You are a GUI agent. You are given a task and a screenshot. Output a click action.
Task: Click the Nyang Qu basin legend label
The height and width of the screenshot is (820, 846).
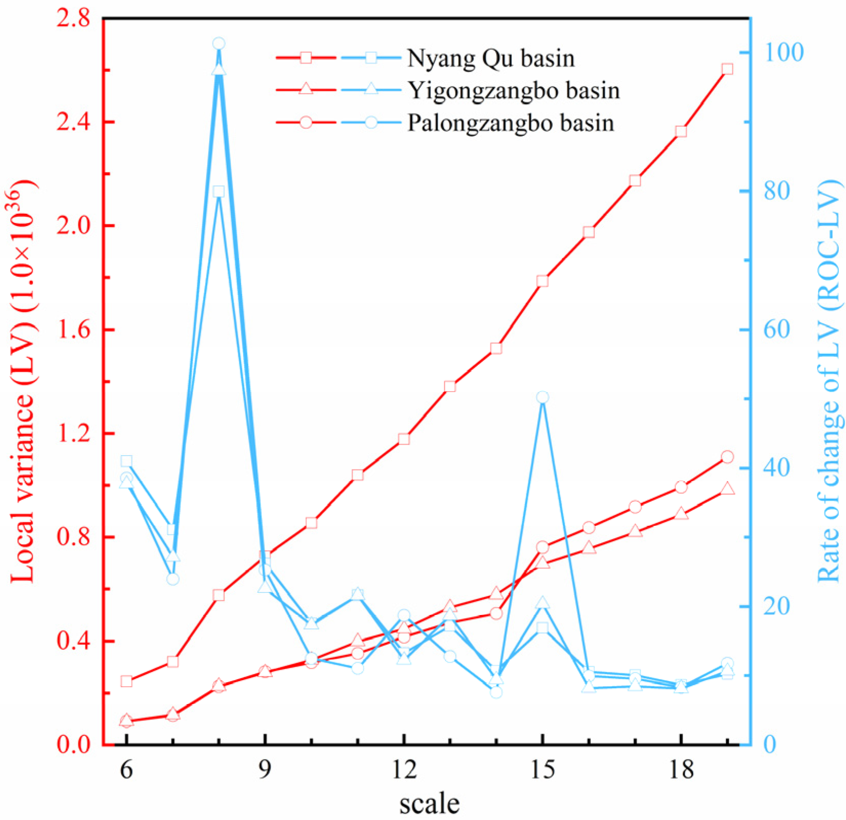pos(490,58)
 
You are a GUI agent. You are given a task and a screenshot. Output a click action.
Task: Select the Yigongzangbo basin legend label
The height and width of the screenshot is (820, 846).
pos(513,91)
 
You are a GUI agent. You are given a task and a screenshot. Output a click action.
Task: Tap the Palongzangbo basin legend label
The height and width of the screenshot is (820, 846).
pos(510,124)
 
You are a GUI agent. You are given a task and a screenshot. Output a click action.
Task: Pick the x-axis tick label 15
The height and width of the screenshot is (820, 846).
pos(543,769)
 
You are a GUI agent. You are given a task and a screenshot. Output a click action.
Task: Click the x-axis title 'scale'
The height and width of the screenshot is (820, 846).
pos(429,803)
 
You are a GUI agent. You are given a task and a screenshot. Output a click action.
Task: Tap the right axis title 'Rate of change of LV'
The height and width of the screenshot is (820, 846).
pos(828,382)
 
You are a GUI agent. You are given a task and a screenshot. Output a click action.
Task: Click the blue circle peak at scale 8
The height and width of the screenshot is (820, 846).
pos(219,44)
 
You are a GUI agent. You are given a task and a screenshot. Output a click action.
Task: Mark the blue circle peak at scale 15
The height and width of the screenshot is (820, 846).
pos(543,397)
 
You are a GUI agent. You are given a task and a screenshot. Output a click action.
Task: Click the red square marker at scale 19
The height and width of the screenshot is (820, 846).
pos(727,69)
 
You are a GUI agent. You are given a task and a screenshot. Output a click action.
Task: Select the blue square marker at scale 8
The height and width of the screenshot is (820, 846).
pos(219,192)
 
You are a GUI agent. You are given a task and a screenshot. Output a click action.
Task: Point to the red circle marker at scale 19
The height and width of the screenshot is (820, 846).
pos(727,457)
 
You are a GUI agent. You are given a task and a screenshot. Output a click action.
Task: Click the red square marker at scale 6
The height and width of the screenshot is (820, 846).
pos(127,681)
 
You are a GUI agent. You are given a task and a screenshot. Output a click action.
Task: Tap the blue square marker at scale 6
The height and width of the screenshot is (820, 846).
pos(127,461)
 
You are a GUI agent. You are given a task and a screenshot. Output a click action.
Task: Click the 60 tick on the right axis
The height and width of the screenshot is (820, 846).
pos(778,330)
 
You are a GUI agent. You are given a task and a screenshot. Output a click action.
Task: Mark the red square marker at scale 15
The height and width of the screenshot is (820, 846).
pos(543,281)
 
